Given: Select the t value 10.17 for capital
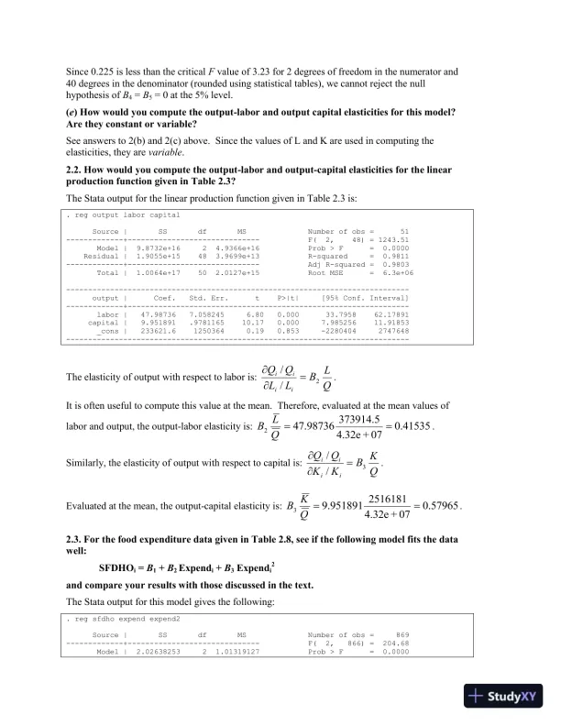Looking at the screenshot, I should pyautogui.click(x=252, y=323).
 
